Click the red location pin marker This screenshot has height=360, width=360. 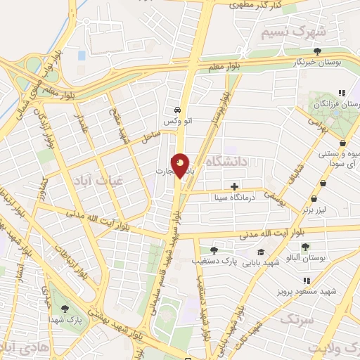pyautogui.click(x=181, y=166)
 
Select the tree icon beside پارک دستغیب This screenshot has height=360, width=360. pyautogui.click(x=214, y=250)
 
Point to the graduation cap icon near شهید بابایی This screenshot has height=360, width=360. pyautogui.click(x=261, y=252)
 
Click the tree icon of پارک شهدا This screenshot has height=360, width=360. pyautogui.click(x=65, y=309)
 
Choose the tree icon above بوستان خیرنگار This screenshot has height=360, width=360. pyautogui.click(x=318, y=51)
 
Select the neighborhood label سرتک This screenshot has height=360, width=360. pyautogui.click(x=295, y=319)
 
